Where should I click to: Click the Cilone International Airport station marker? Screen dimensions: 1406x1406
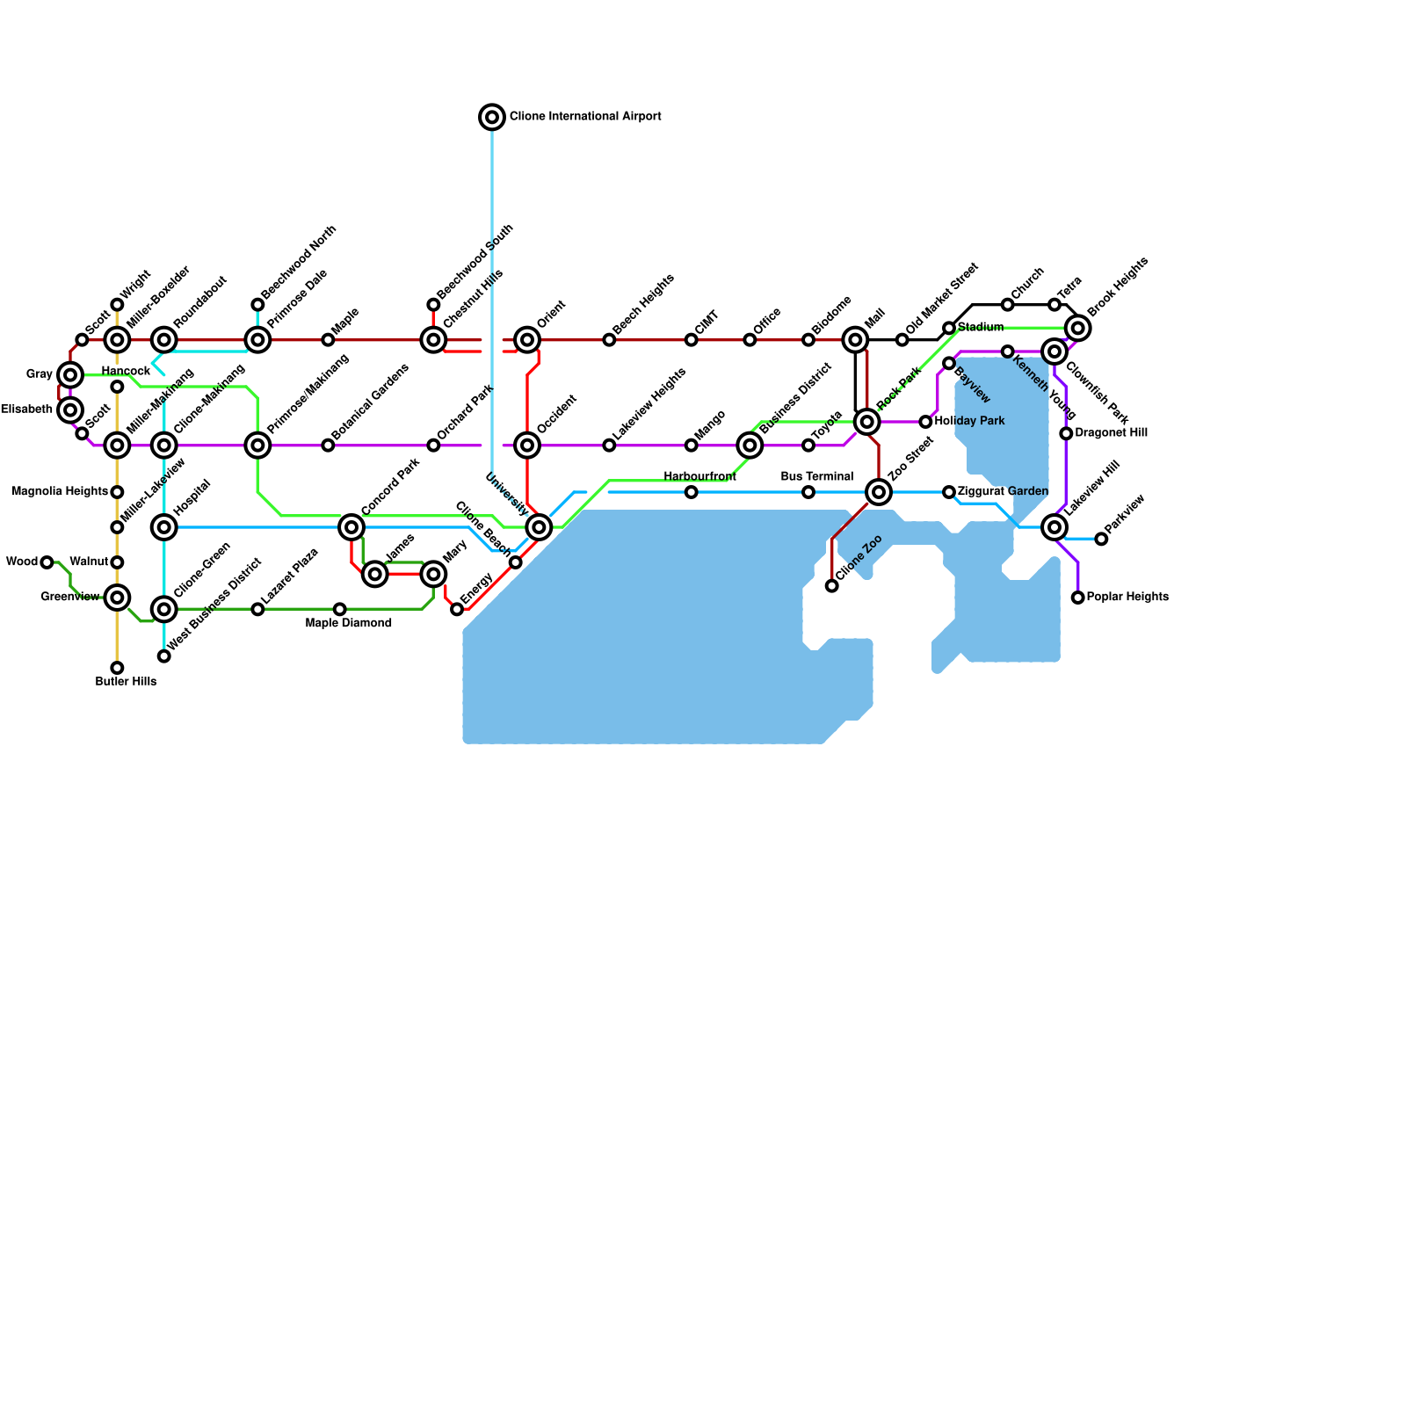[x=492, y=117]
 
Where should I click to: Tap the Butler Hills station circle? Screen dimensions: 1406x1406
[x=117, y=668]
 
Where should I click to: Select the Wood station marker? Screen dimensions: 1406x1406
[x=47, y=562]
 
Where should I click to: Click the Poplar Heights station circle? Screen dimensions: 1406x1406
[x=1078, y=598]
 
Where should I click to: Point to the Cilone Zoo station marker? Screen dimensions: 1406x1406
[x=832, y=586]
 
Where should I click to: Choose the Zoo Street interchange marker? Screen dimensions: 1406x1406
[x=879, y=492]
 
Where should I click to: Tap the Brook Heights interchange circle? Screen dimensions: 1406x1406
[x=1078, y=328]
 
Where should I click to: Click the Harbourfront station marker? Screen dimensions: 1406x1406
[x=692, y=492]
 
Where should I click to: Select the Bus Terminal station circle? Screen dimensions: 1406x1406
[x=808, y=492]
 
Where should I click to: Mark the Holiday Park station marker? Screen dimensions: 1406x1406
[x=925, y=422]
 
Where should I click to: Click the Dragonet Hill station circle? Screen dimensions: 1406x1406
[x=1066, y=433]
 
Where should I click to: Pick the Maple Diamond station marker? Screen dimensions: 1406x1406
[x=340, y=609]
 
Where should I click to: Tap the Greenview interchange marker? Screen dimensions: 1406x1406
[x=117, y=598]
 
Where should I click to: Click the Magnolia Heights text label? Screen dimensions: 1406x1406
[x=60, y=491]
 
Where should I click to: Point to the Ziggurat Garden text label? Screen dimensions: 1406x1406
[x=1003, y=491]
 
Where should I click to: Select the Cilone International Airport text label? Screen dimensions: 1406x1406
[x=585, y=116]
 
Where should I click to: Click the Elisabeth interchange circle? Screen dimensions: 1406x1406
[x=70, y=410]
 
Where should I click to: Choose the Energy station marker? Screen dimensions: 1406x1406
[x=457, y=609]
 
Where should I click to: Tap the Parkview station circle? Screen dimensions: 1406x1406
[x=1101, y=539]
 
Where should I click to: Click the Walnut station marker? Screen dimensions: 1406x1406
[x=117, y=562]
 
